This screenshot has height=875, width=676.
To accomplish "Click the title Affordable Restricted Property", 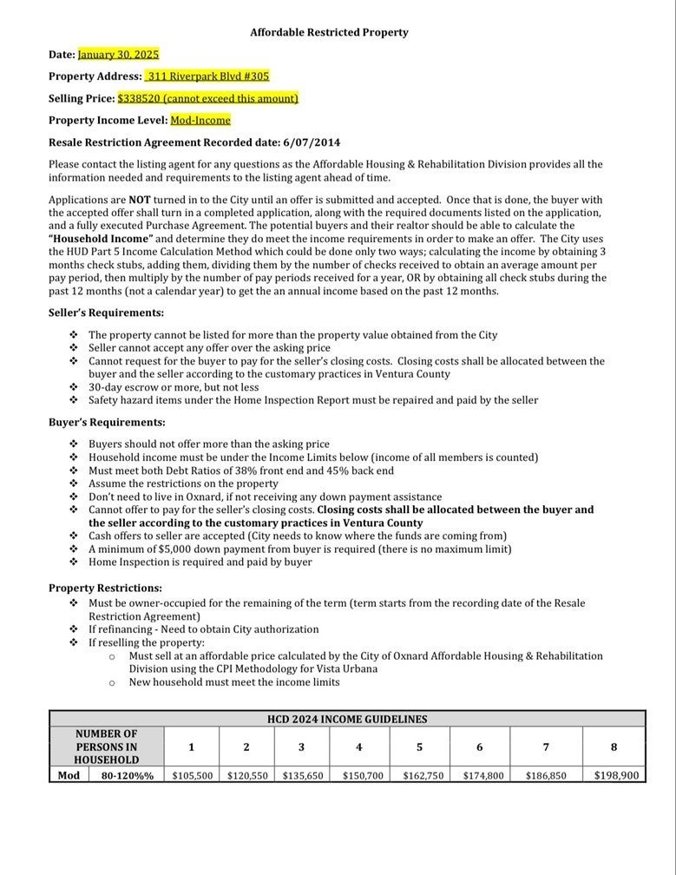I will [329, 32].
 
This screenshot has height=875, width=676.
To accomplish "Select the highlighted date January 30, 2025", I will [118, 54].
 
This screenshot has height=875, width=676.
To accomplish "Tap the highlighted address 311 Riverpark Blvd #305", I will [207, 76].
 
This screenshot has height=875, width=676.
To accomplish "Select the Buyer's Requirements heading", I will [107, 422].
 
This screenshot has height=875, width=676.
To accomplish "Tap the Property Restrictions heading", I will [105, 588].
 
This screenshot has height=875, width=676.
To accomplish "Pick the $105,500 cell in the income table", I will [192, 775].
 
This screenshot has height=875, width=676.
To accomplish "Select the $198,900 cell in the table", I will [615, 775].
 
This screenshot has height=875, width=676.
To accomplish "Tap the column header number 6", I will [479, 747].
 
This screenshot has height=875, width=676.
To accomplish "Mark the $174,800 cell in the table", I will [482, 775].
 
